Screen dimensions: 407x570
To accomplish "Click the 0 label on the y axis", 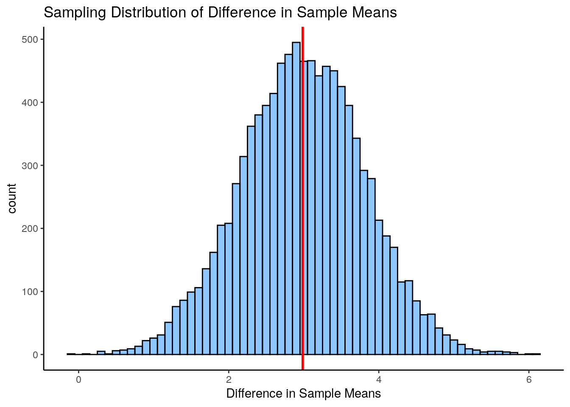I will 36,355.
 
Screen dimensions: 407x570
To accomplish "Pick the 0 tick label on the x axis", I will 78,379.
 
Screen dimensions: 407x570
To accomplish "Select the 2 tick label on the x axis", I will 229,379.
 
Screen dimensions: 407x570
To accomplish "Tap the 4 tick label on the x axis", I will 379,379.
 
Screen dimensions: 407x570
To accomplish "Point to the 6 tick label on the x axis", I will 529,379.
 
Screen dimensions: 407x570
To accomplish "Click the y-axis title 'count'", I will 12,198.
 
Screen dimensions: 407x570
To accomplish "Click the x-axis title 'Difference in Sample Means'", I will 303,393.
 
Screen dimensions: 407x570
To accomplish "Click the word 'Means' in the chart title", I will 376,13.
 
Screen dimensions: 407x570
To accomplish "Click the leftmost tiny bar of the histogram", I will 71,354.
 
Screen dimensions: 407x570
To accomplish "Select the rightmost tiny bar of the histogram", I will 536,354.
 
